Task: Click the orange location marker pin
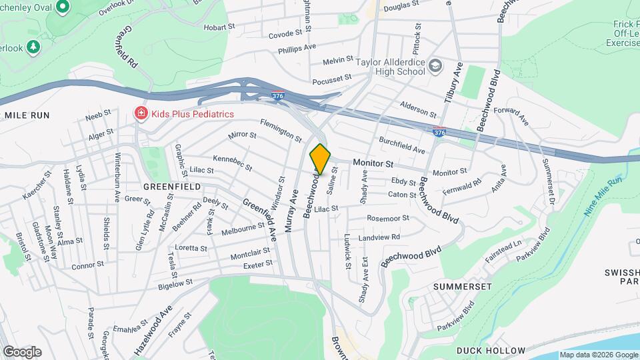[320, 159]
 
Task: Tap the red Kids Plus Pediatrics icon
[141, 114]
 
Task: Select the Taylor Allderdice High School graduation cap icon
[435, 65]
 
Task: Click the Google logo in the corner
[22, 351]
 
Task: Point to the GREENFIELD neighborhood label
[172, 187]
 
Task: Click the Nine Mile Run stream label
[603, 196]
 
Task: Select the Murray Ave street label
[291, 211]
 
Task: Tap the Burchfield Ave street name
[401, 145]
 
